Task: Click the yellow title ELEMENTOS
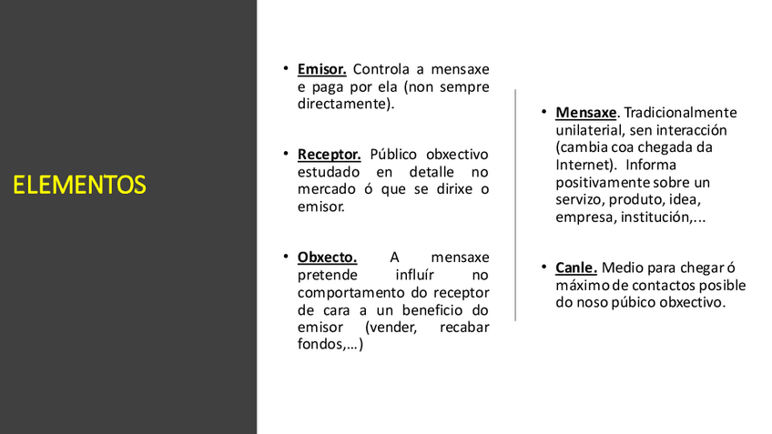pyautogui.click(x=79, y=186)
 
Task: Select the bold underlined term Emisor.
pyautogui.click(x=321, y=69)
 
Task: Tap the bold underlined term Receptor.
pyautogui.click(x=329, y=155)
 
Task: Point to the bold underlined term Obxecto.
pyautogui.click(x=327, y=257)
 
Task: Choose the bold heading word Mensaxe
pyautogui.click(x=586, y=113)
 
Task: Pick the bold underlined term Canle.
pyautogui.click(x=576, y=267)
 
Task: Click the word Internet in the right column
pyautogui.click(x=583, y=165)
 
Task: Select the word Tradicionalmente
pyautogui.click(x=682, y=113)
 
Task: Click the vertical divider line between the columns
pyautogui.click(x=515, y=205)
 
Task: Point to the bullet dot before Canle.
pyautogui.click(x=543, y=267)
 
